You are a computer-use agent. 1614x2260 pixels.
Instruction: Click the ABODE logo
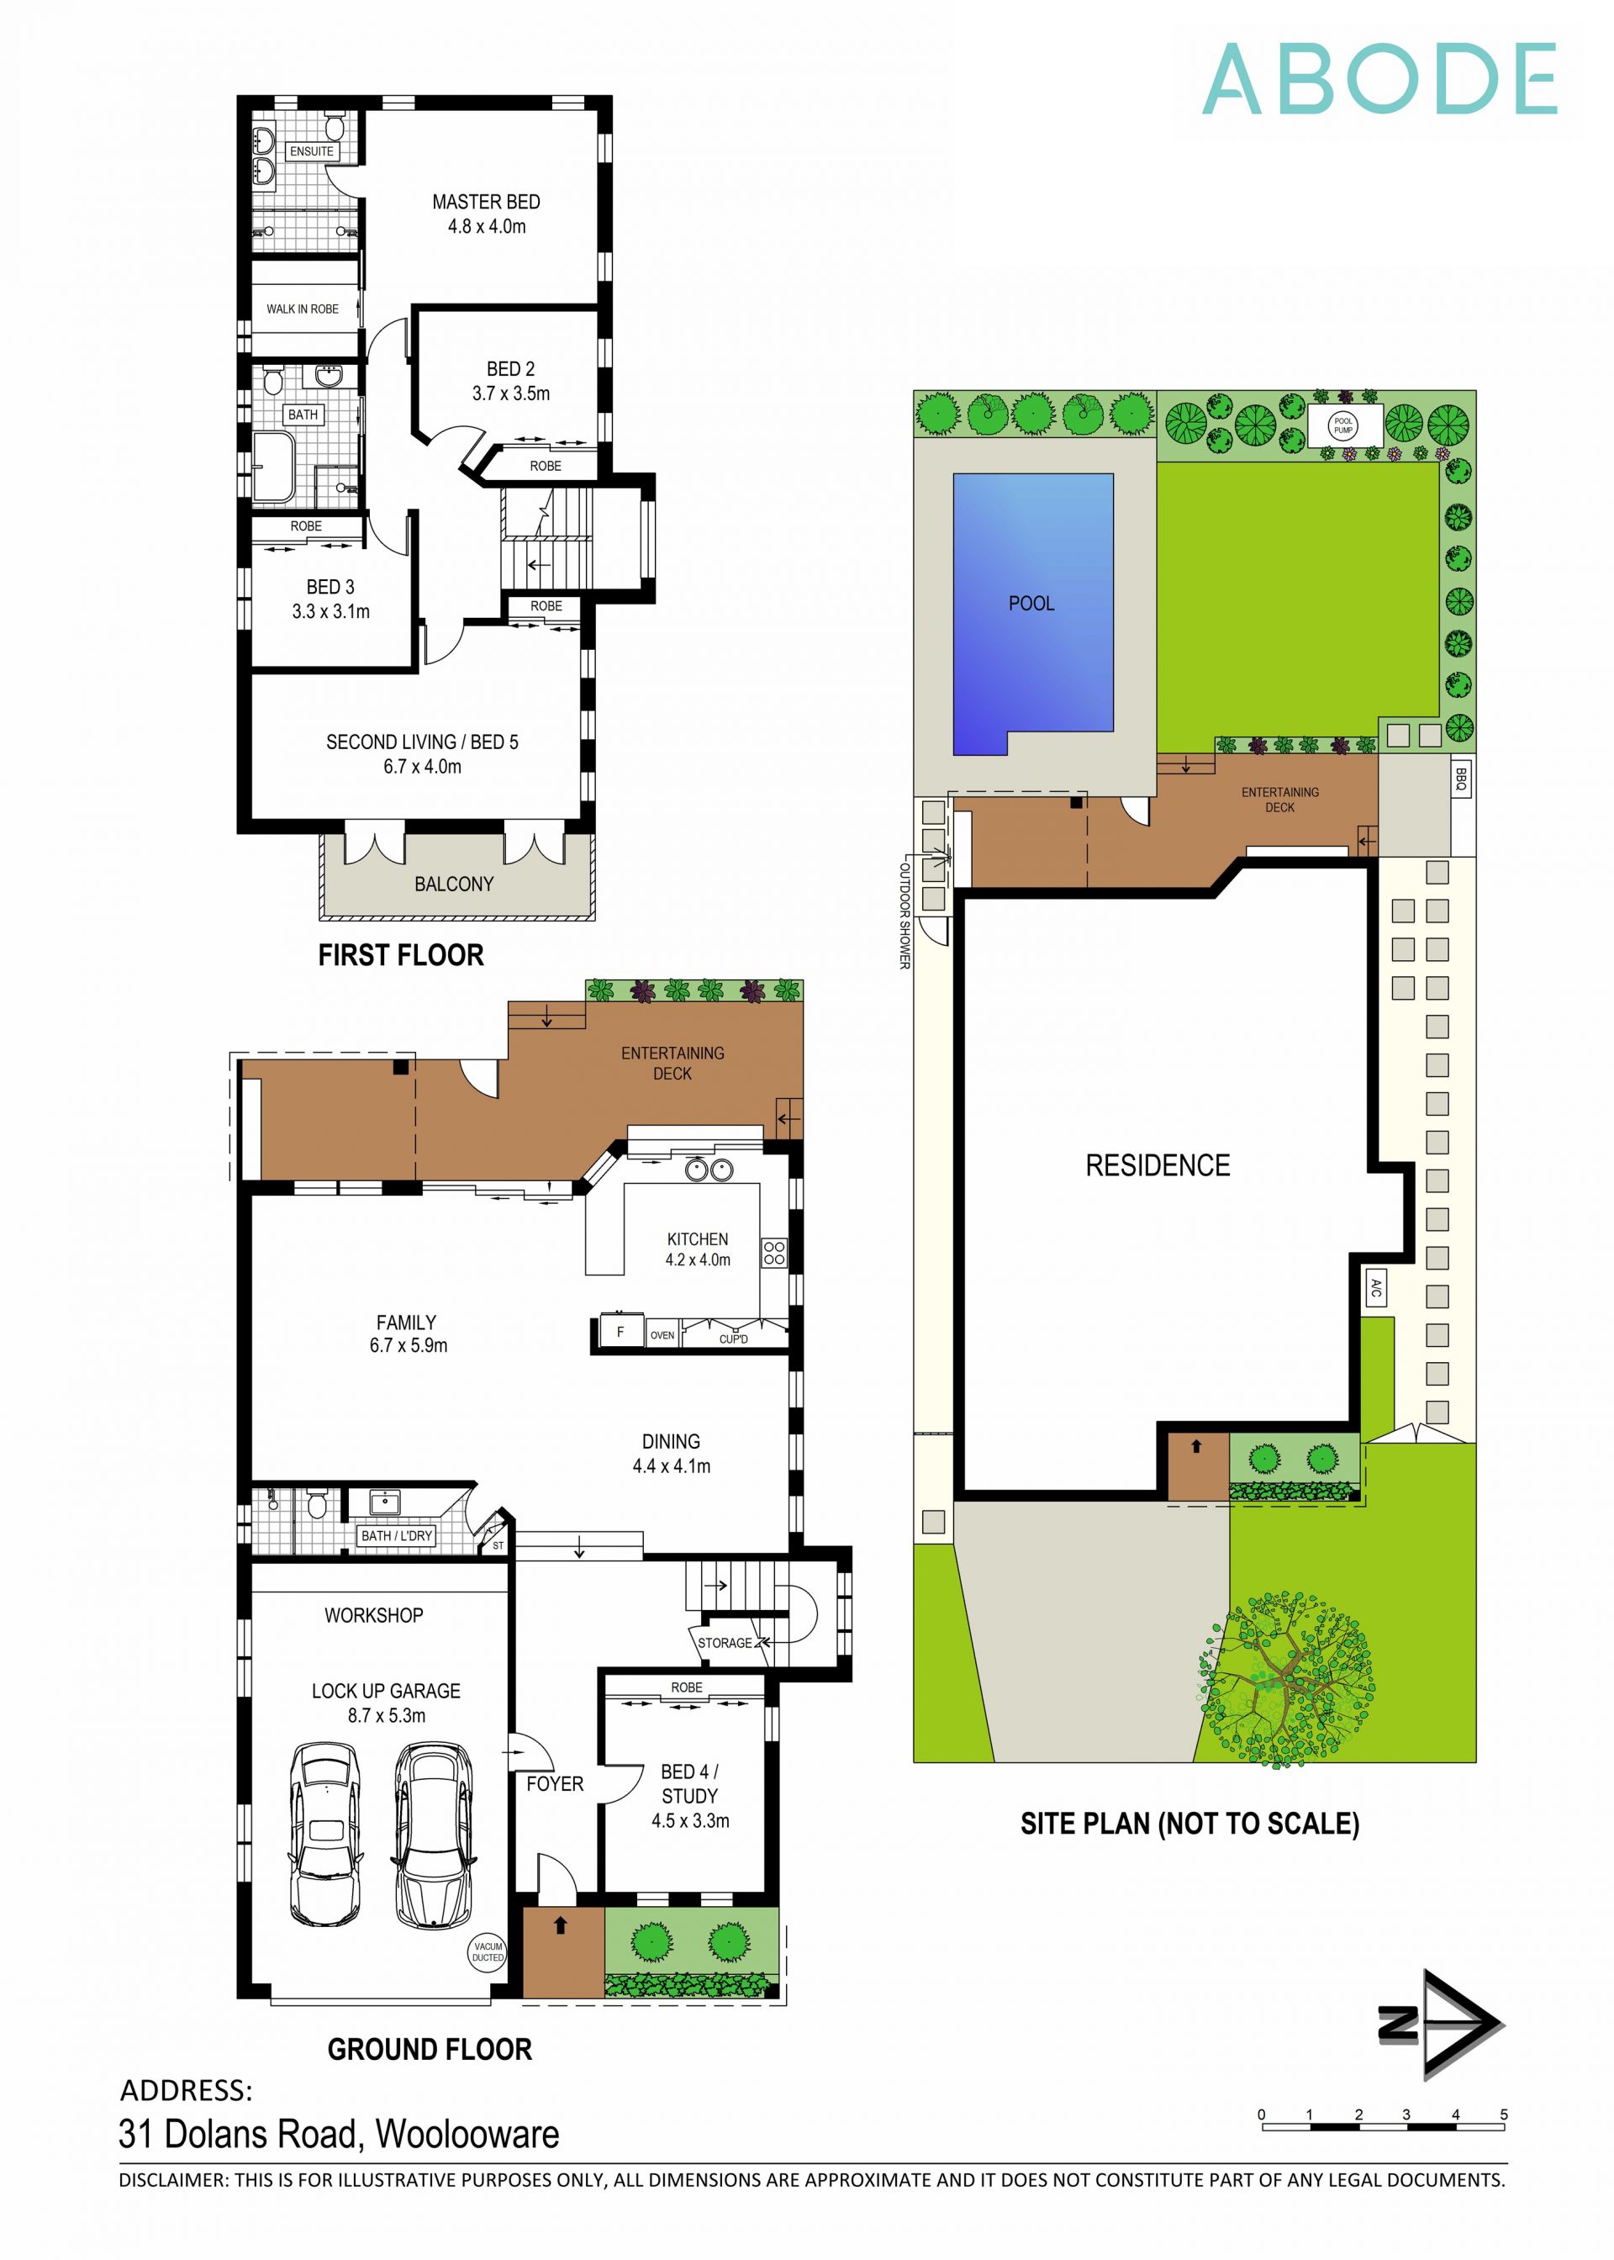pos(1379,80)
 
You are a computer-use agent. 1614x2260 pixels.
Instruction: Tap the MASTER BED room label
pos(486,202)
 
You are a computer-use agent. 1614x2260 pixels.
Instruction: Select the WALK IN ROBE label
pos(302,309)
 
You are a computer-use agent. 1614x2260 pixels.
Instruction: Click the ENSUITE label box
pos(311,152)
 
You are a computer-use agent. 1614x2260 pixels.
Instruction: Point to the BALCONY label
pos(454,884)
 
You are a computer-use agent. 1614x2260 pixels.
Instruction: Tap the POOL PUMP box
pos(1342,425)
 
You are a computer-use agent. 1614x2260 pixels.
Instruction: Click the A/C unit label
pos(1375,1290)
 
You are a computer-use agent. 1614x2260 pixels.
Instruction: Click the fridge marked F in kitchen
pos(620,1332)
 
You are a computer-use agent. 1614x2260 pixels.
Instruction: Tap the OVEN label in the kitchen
pos(662,1336)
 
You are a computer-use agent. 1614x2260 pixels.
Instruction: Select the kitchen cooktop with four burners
pos(773,1254)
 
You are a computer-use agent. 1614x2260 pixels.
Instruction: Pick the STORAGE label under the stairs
pos(725,1643)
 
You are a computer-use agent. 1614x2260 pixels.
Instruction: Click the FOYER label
pos(555,1784)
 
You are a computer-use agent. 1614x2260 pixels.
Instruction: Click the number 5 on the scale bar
pos(1504,2115)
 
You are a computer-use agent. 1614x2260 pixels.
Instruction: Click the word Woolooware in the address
pos(467,2134)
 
